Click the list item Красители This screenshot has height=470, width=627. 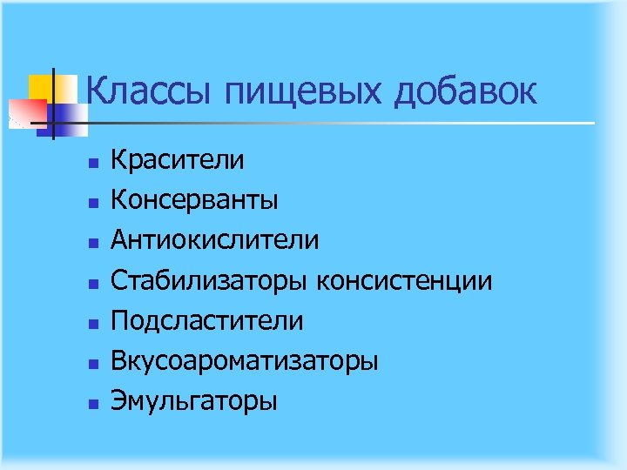coord(178,160)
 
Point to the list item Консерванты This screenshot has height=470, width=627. coord(194,200)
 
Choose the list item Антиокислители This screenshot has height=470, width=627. coord(214,240)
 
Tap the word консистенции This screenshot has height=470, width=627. coord(405,281)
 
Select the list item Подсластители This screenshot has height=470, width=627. coord(207,321)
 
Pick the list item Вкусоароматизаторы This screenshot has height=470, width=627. coord(244,361)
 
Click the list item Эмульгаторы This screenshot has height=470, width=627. coord(194,402)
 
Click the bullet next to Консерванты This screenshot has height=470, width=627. coord(90,202)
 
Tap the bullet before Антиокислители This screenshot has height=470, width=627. coord(90,242)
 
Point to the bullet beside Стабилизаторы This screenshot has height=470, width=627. coord(90,283)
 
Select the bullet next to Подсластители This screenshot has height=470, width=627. coord(90,323)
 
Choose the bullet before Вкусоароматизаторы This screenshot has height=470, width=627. coord(90,363)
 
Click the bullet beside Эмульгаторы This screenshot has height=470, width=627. coord(90,403)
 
